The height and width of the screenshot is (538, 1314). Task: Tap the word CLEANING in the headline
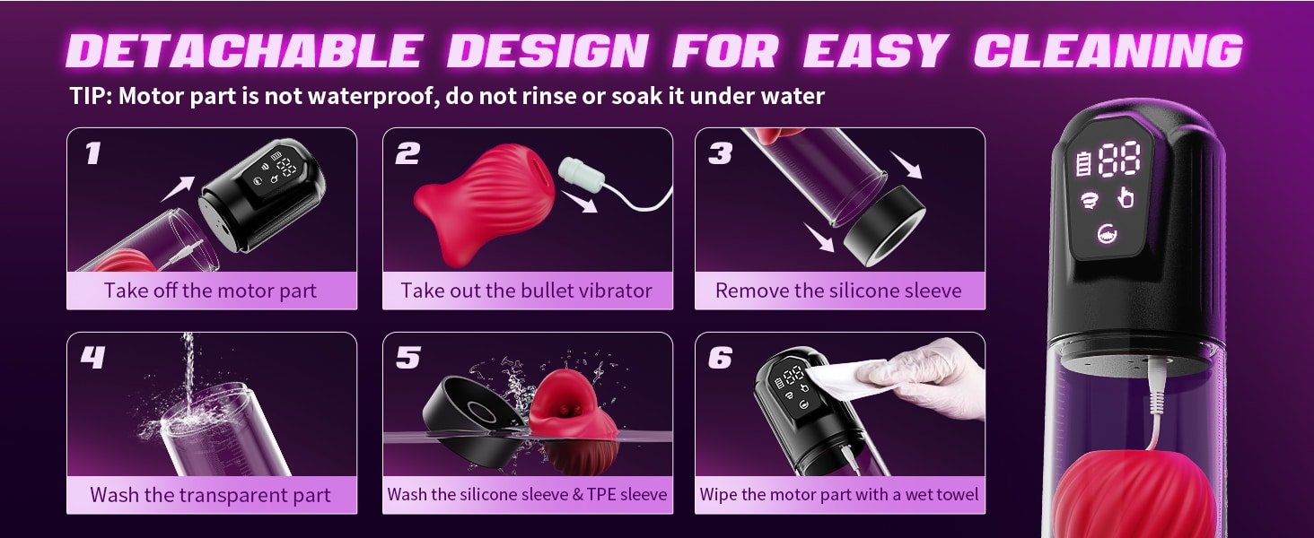coord(1108,51)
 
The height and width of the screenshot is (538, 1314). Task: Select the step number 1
coord(92,153)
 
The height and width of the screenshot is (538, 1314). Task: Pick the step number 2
coord(407,153)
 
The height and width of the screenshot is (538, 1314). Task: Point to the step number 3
coord(720,153)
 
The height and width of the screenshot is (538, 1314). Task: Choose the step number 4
coord(92,358)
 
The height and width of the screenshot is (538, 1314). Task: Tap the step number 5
coord(407,358)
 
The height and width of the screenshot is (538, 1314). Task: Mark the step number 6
coord(720,358)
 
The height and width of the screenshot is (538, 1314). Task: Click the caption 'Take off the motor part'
coord(210,291)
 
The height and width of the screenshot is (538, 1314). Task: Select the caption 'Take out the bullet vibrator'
coord(526,291)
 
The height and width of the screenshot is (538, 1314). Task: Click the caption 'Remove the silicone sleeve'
coord(838,291)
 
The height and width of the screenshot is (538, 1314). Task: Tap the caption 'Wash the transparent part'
coord(210,494)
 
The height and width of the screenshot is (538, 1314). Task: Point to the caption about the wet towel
coord(838,494)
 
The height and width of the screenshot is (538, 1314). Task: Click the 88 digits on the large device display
coord(1118,159)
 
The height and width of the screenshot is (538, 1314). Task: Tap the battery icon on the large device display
coord(1082,165)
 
